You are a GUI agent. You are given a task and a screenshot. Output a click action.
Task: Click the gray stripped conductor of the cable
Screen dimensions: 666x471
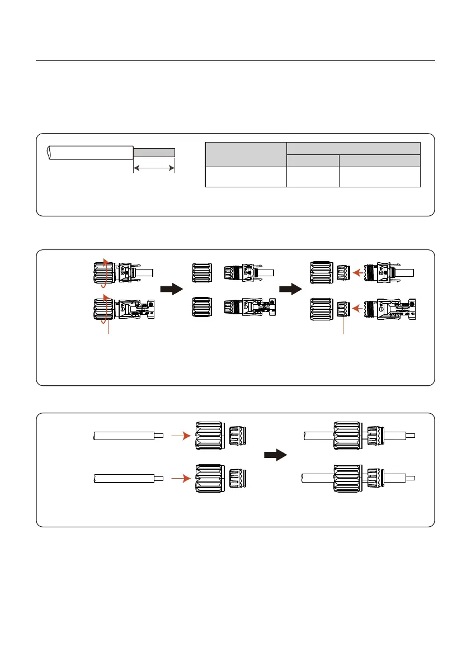[x=154, y=152]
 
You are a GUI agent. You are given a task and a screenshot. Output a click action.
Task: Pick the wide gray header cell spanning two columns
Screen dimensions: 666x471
[x=353, y=148]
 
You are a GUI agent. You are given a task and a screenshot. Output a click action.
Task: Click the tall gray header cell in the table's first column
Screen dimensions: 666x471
[x=246, y=154]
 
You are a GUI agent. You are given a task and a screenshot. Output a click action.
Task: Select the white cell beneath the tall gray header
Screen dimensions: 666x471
[x=246, y=177]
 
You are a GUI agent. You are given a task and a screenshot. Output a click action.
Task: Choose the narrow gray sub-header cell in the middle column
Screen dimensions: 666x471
[x=312, y=160]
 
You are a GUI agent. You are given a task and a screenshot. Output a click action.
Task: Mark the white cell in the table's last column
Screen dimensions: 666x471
[x=379, y=177]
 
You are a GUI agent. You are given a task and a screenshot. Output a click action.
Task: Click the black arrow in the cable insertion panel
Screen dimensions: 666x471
[x=275, y=455]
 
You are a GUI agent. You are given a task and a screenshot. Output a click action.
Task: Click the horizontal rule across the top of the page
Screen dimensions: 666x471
[x=235, y=60]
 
